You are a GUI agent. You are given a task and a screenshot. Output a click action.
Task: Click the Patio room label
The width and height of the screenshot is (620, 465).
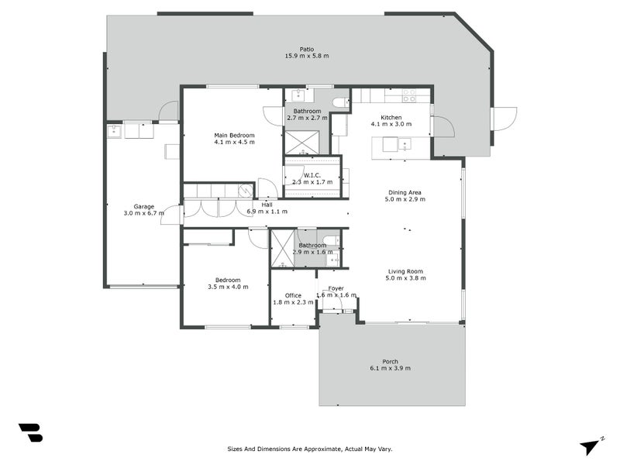coord(306,50)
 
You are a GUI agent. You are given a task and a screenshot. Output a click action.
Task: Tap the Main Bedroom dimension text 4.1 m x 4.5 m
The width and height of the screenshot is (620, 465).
coord(235,142)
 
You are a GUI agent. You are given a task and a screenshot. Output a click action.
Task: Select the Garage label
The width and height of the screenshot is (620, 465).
coord(144,206)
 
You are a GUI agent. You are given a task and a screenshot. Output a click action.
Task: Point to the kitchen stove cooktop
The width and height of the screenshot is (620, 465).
coord(409,95)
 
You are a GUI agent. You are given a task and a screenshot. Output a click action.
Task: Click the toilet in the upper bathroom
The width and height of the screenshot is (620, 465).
coord(341,103)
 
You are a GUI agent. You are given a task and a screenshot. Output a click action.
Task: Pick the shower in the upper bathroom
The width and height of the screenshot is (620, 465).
coord(301,143)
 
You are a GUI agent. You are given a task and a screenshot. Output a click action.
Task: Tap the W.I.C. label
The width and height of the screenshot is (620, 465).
coord(312,175)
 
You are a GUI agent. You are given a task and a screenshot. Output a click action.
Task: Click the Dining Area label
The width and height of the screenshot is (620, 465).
coord(405,192)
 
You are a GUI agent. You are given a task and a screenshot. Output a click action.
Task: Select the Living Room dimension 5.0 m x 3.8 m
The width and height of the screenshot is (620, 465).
coord(405,278)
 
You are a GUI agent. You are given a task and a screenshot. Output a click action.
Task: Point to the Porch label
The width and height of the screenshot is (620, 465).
coord(391,361)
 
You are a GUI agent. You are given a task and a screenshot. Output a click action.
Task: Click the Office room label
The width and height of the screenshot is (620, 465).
coord(293,295)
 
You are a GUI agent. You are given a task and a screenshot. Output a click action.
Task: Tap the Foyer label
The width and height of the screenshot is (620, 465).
coord(336,288)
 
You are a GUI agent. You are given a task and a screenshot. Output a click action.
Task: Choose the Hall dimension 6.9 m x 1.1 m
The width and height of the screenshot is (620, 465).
coord(267,212)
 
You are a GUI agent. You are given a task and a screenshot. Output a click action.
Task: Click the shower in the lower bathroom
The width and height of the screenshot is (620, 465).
coord(282,249)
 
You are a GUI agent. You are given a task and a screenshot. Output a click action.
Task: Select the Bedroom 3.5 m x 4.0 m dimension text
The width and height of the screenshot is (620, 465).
coord(228,287)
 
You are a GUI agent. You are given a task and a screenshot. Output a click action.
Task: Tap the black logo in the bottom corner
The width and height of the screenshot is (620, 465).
coord(31,432)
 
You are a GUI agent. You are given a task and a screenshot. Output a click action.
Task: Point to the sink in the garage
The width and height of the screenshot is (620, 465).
coord(114,131)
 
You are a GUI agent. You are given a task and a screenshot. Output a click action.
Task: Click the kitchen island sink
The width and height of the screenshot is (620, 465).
coord(405,144)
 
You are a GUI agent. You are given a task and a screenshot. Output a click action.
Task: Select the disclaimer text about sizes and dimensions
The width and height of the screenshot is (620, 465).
coord(310,449)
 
